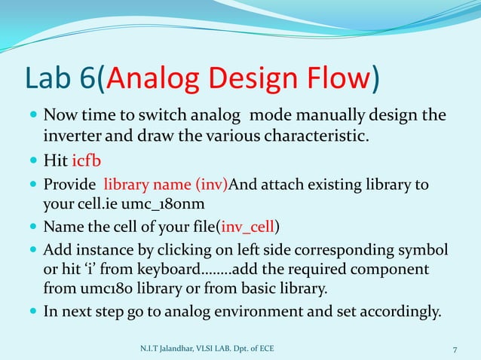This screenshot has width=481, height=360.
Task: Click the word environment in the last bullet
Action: (x=268, y=310)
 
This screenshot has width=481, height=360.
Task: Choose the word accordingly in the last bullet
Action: (x=394, y=310)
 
